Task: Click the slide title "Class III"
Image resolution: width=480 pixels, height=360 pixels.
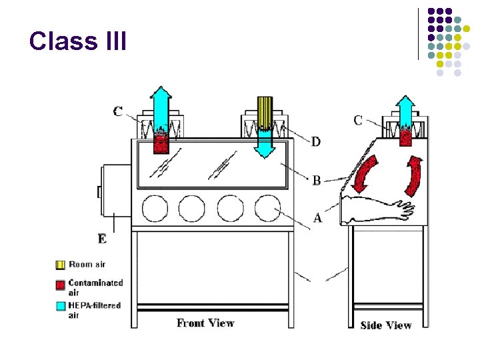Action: (77, 41)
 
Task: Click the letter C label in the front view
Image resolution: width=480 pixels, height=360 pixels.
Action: (118, 111)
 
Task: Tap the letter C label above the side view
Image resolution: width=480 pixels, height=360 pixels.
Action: (358, 120)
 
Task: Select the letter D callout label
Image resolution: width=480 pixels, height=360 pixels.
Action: (316, 141)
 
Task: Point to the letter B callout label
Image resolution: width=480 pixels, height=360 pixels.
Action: (316, 180)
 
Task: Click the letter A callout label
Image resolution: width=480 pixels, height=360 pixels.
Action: (317, 217)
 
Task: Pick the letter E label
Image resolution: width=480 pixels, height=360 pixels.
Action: (101, 238)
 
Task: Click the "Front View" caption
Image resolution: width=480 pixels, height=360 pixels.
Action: (205, 323)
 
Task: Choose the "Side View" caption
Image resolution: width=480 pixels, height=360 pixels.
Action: (386, 325)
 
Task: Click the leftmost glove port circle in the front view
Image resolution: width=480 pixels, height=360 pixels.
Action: (155, 209)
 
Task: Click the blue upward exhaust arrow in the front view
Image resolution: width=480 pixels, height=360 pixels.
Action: (161, 110)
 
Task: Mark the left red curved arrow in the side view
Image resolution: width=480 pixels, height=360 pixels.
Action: (365, 173)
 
